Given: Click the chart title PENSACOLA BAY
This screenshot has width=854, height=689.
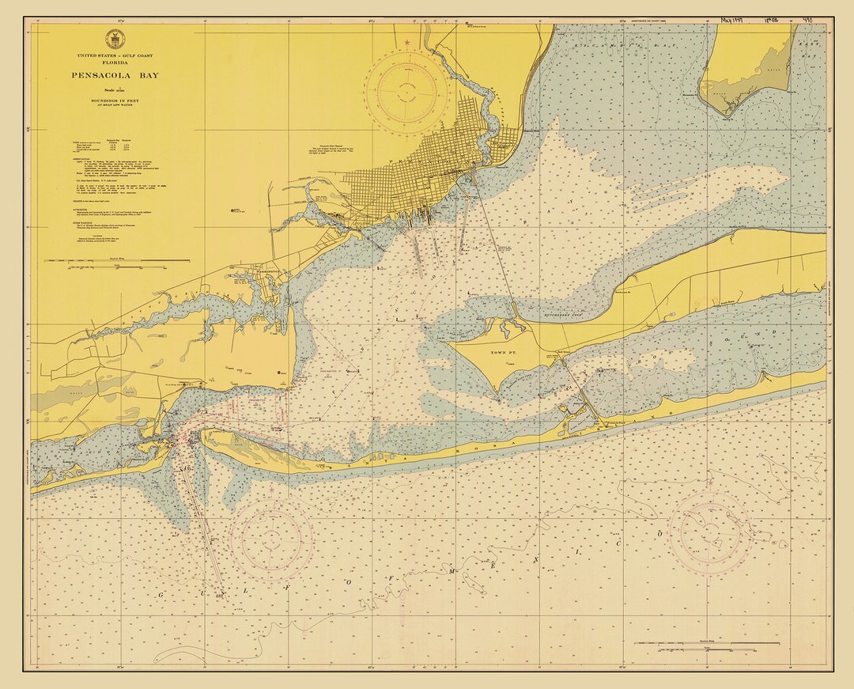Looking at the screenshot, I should click(115, 77).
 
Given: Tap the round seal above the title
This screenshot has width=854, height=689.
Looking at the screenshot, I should click(115, 39).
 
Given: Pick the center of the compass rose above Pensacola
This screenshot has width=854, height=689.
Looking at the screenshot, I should click(406, 91).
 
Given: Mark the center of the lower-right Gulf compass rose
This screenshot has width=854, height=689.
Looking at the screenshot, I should click(709, 532).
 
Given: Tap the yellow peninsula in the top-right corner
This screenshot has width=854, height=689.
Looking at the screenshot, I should click(747, 67).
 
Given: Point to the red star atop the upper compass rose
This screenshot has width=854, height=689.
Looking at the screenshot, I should click(406, 43).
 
